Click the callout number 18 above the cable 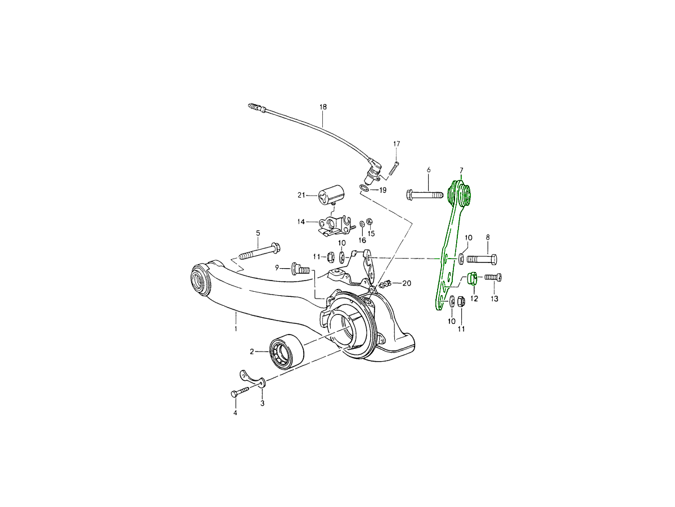click(323, 106)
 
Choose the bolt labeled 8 click(482, 259)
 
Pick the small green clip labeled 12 click(473, 278)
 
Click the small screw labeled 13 click(493, 277)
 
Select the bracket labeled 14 click(335, 225)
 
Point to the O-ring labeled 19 click(364, 189)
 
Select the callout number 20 click(406, 283)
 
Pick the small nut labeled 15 click(369, 220)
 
